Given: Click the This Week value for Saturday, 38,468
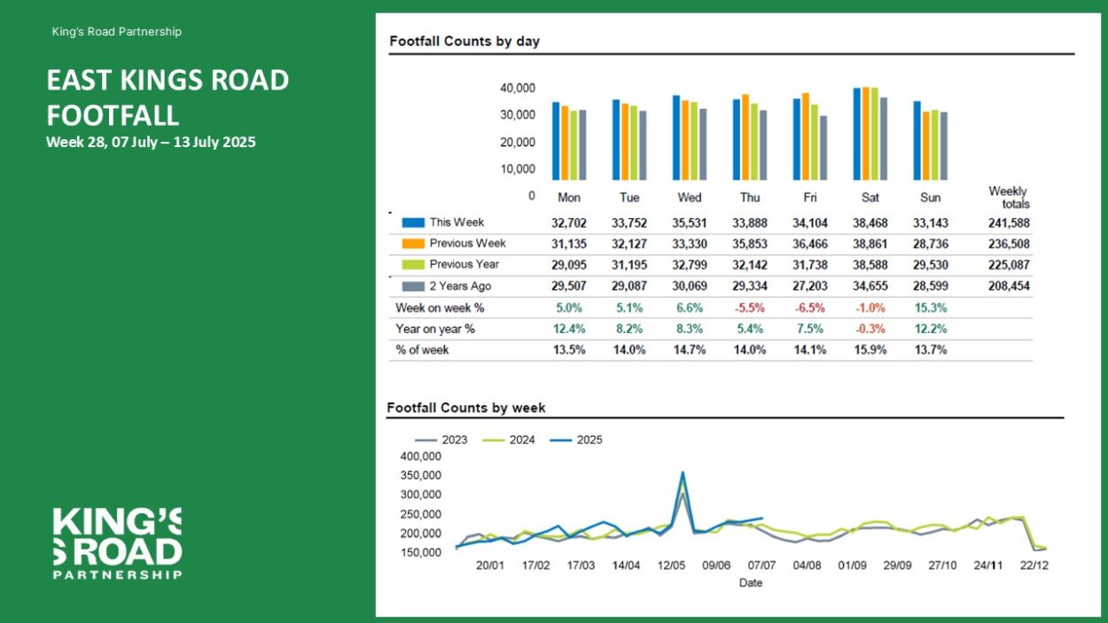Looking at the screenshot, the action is [x=870, y=223].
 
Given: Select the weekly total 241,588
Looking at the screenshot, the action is [x=1009, y=223].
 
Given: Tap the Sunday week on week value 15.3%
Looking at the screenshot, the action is [x=931, y=308].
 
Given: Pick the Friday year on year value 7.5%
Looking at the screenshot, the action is [x=810, y=329].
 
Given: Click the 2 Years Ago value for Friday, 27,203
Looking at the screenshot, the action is [x=810, y=285].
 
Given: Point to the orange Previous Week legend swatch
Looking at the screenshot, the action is [x=413, y=244].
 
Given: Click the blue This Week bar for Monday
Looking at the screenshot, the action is [x=556, y=141].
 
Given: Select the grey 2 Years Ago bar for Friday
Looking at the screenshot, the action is [x=823, y=148].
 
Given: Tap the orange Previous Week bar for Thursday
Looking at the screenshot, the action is [x=745, y=137].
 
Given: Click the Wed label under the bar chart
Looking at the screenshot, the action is [x=690, y=198].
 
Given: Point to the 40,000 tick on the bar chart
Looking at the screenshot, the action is [x=518, y=88].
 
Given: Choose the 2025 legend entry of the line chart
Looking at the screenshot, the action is [x=576, y=440].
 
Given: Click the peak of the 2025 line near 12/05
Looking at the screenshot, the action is [x=683, y=472].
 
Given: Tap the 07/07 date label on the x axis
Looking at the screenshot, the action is [x=761, y=565].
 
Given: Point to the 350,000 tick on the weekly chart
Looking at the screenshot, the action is [x=420, y=476].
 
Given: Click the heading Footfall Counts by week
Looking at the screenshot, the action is [x=466, y=408].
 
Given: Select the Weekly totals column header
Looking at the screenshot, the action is [x=1009, y=198].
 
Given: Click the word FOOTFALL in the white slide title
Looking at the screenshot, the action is [x=113, y=116].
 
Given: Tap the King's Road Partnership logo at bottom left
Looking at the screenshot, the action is [x=117, y=543].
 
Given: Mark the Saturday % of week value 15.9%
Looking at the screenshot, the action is [x=870, y=350].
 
